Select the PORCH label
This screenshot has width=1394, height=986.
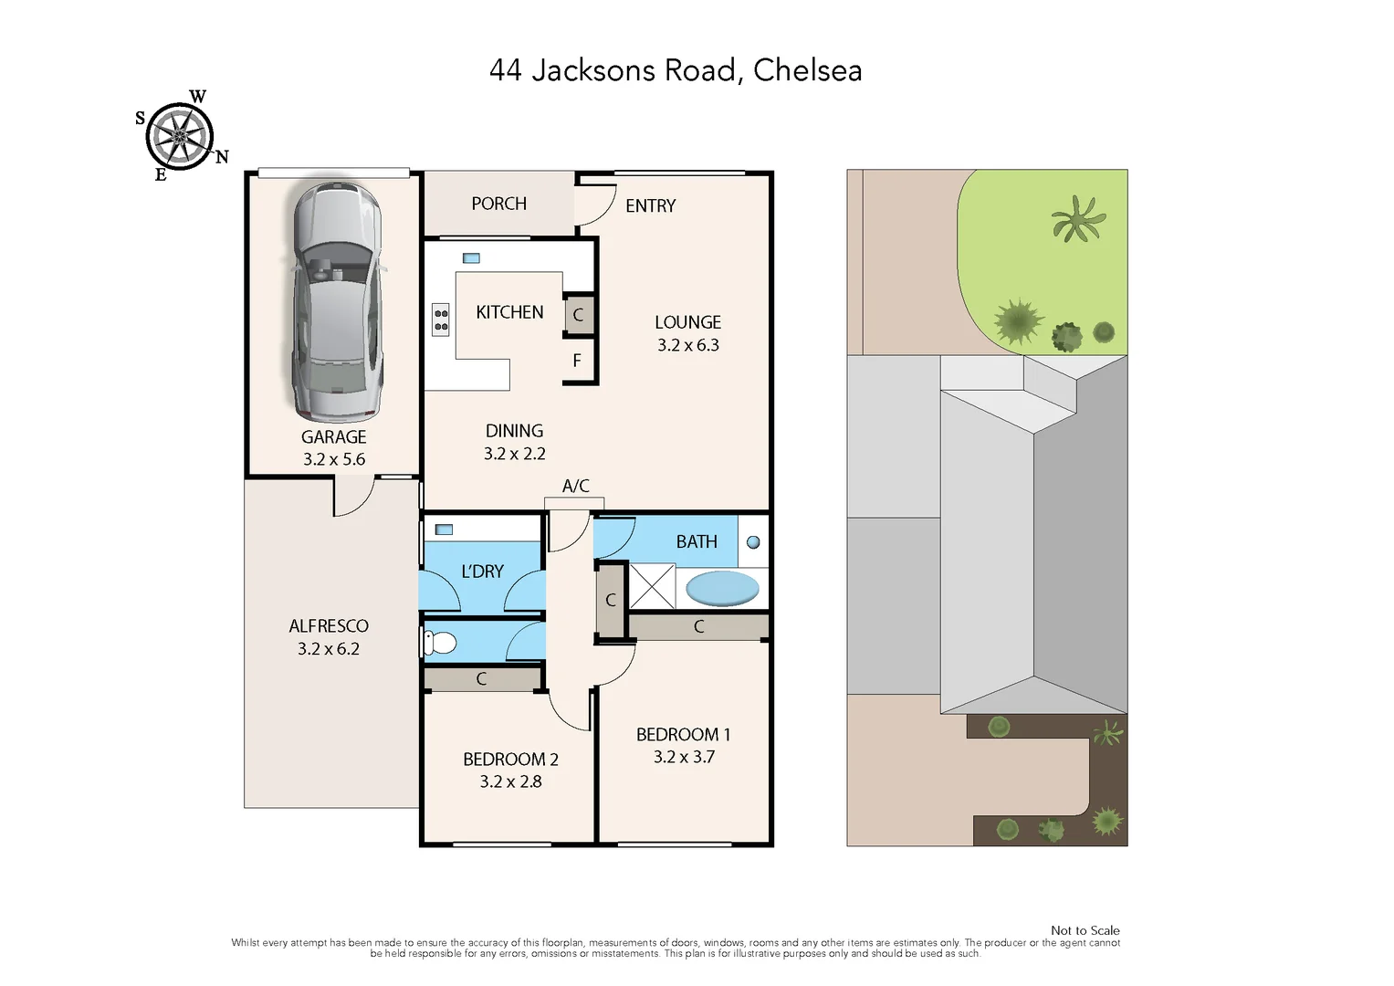(x=498, y=204)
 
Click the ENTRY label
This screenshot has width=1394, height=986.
(x=650, y=206)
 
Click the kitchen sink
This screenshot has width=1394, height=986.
(x=471, y=258)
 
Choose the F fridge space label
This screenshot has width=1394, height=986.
(x=577, y=361)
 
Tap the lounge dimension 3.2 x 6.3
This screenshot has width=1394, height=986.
(x=688, y=345)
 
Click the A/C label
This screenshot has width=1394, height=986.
(x=575, y=486)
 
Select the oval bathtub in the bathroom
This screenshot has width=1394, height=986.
(x=721, y=588)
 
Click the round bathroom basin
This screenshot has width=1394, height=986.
(x=753, y=542)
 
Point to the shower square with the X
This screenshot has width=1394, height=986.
(x=652, y=586)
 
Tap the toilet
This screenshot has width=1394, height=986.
(x=440, y=643)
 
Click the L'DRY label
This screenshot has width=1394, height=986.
(x=482, y=572)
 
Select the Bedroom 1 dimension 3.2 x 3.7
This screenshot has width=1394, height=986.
(x=684, y=757)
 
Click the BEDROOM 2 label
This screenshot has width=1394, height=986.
(x=510, y=760)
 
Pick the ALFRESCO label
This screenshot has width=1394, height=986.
(x=329, y=626)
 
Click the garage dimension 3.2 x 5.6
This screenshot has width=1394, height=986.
(x=334, y=459)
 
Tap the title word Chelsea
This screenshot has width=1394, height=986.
(x=807, y=70)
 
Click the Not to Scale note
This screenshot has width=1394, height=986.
(x=1085, y=930)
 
